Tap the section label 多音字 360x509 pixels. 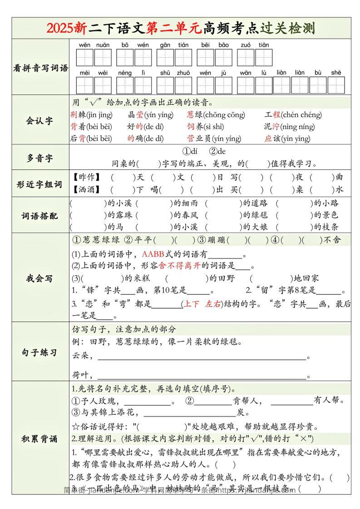pyautogui.click(x=39, y=158)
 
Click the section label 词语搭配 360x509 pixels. pyautogui.click(x=39, y=216)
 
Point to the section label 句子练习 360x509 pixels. pyautogui.click(x=39, y=352)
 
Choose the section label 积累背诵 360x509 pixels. pyautogui.click(x=39, y=439)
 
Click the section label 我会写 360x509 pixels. pyautogui.click(x=39, y=278)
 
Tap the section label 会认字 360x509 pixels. pyautogui.click(x=39, y=120)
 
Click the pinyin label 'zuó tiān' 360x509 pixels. pyautogui.click(x=255, y=45)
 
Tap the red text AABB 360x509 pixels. pyautogui.click(x=154, y=254)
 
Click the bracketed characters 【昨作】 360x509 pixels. pyautogui.click(x=87, y=178)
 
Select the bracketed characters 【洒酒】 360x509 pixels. pyautogui.click(x=87, y=189)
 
